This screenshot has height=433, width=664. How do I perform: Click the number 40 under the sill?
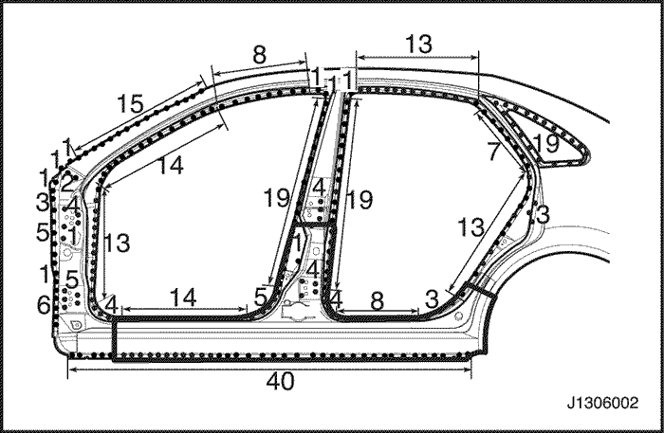pos(281,382)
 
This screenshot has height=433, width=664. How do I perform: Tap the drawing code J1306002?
pos(602,403)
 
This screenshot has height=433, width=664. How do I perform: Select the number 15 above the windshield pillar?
pos(130,103)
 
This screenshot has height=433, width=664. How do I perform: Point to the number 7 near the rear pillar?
pos(492,152)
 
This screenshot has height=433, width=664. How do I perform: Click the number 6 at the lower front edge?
pos(44,305)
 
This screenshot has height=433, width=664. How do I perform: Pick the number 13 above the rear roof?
pos(419,44)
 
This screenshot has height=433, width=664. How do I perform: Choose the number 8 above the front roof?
pos(259,55)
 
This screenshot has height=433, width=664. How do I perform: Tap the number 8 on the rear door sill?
pos(377,301)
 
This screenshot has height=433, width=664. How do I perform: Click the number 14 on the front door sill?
pos(183,298)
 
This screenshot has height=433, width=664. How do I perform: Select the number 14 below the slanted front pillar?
pos(170,165)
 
